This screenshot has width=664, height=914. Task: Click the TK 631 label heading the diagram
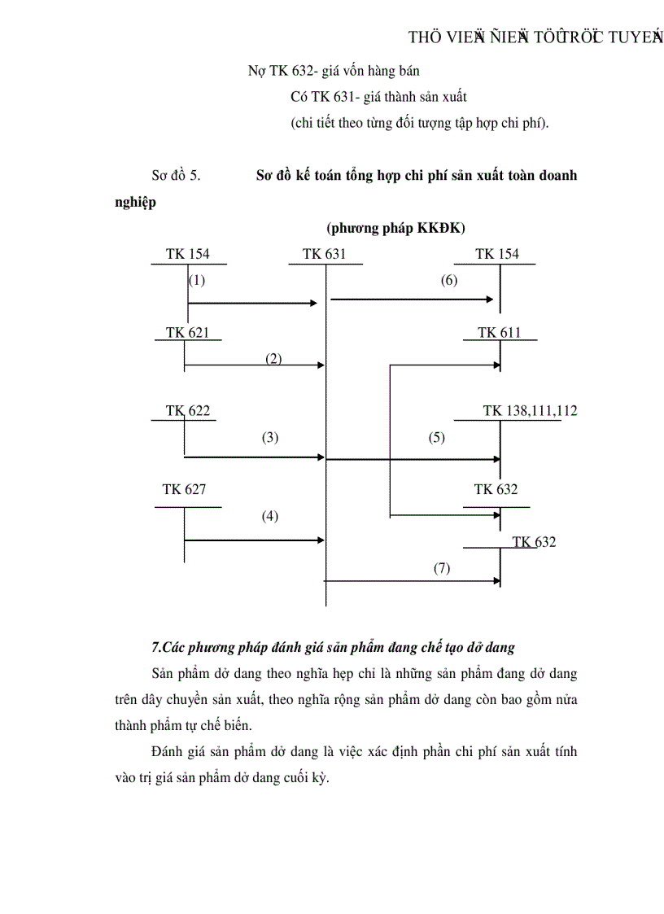324,254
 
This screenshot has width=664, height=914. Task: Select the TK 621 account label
187,332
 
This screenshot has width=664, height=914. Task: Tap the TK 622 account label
188,411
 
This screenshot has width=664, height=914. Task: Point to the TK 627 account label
184,489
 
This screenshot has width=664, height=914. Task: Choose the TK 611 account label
499,332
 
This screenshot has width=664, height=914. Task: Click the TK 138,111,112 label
530,411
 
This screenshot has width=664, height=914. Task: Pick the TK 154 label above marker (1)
187,254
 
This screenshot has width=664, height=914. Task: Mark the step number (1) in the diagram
197,281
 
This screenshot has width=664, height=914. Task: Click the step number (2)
273,359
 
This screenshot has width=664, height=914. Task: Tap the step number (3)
270,437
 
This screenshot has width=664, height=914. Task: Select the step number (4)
270,515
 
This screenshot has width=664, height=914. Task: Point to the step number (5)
437,437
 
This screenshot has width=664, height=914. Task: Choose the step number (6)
449,281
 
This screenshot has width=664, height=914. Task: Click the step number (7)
441,568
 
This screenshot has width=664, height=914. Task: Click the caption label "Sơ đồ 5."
176,176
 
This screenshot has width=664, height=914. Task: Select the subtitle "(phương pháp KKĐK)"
395,228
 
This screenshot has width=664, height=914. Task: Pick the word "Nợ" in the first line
256,71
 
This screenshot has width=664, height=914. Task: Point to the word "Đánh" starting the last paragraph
168,751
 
